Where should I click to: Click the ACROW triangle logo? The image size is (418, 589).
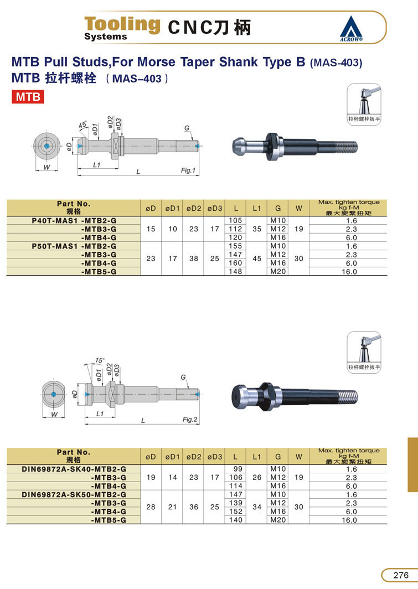click(x=351, y=28)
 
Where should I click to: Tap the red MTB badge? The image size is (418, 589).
click(x=28, y=97)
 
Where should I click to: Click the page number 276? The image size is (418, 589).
click(x=401, y=575)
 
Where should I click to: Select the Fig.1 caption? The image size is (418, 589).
click(x=188, y=170)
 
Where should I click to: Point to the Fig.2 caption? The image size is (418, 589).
click(x=190, y=420)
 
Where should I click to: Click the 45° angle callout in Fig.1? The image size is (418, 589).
click(x=82, y=125)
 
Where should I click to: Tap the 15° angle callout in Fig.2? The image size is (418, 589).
click(x=100, y=360)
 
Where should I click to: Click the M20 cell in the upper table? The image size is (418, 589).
click(x=278, y=271)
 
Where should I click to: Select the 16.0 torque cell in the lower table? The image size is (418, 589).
click(x=349, y=520)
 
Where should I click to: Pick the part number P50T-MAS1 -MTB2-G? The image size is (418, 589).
click(x=74, y=246)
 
